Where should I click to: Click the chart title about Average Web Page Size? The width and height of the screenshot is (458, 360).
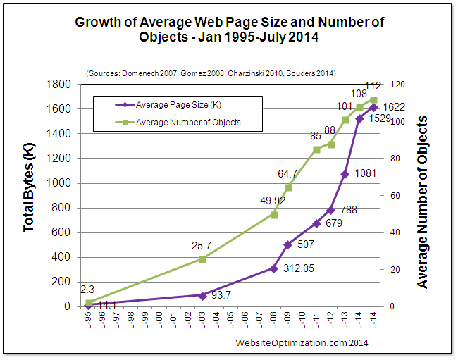tap(229, 30)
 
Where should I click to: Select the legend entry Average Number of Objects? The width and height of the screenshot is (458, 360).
tap(188, 122)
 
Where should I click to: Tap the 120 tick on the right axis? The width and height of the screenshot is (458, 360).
tap(397, 85)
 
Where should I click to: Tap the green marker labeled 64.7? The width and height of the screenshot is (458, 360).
tap(288, 187)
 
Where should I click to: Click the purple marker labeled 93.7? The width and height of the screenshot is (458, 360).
tap(202, 295)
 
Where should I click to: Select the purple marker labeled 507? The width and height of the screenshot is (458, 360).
tap(288, 244)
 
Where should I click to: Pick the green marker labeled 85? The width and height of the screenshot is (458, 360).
tap(317, 149)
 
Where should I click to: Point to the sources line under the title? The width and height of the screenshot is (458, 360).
tap(211, 73)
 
